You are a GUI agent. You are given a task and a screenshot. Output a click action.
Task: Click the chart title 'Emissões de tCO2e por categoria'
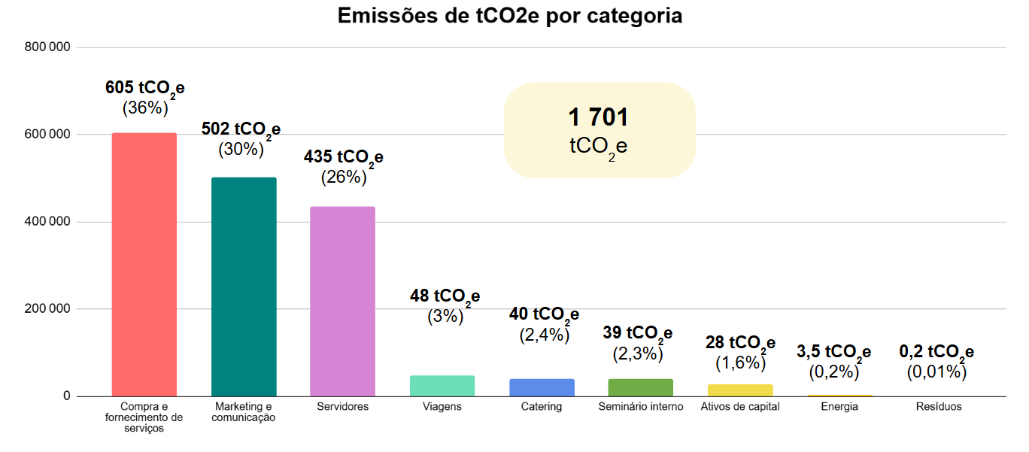[x=509, y=16]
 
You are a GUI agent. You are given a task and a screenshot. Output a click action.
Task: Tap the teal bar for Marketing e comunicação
[x=244, y=287]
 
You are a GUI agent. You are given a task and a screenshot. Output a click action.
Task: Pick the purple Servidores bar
[x=343, y=301]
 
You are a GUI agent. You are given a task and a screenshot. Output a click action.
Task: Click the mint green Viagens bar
[x=442, y=386]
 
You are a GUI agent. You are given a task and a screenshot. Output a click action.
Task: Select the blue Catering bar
[x=542, y=387]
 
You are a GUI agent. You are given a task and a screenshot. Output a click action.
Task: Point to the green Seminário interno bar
[x=641, y=387]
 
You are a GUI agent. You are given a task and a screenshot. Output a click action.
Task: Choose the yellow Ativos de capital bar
[x=740, y=390]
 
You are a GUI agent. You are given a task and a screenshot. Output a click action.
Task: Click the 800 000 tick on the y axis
[x=47, y=47]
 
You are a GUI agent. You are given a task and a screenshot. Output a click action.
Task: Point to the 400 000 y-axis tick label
[x=47, y=222]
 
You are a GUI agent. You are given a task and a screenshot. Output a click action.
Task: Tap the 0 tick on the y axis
[x=67, y=396]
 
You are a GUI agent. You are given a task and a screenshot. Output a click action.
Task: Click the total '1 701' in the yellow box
[x=599, y=117]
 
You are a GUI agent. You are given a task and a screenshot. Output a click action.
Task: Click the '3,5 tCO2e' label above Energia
[x=833, y=352]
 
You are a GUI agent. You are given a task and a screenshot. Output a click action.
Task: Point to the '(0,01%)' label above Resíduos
[x=936, y=371]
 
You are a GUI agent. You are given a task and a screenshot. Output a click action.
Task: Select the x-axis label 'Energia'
[x=839, y=407]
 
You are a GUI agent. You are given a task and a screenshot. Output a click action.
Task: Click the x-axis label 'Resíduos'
[x=939, y=407]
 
